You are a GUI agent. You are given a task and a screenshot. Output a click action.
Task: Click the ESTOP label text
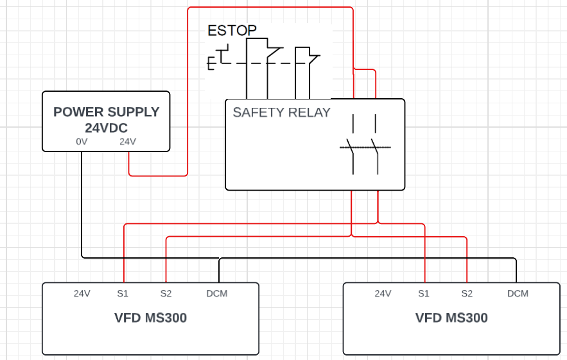coord(232,30)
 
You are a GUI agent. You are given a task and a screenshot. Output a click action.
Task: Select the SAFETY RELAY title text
coord(281,112)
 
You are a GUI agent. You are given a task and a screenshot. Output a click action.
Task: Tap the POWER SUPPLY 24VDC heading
coord(106,119)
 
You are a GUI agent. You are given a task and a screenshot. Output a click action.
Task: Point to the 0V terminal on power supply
coord(82,141)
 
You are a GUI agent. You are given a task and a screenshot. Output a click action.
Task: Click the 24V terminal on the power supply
coord(128,141)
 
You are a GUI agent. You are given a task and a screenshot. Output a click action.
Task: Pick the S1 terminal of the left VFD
coord(123,293)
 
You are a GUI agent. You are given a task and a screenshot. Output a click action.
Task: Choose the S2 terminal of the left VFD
coord(166,293)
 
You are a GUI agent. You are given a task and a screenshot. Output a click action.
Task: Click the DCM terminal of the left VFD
coord(216,293)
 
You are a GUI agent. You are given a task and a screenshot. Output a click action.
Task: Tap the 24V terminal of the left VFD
coord(82,293)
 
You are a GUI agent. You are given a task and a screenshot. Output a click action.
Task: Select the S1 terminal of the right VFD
coord(423,293)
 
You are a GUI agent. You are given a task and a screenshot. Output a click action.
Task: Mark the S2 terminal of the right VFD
coord(467,293)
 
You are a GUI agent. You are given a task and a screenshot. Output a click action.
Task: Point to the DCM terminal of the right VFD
coord(518,293)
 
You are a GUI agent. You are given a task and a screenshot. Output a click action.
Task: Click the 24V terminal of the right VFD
coord(383,293)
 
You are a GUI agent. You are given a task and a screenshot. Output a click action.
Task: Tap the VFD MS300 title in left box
coord(150,318)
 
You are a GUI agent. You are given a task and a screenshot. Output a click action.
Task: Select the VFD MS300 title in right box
coord(451,318)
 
